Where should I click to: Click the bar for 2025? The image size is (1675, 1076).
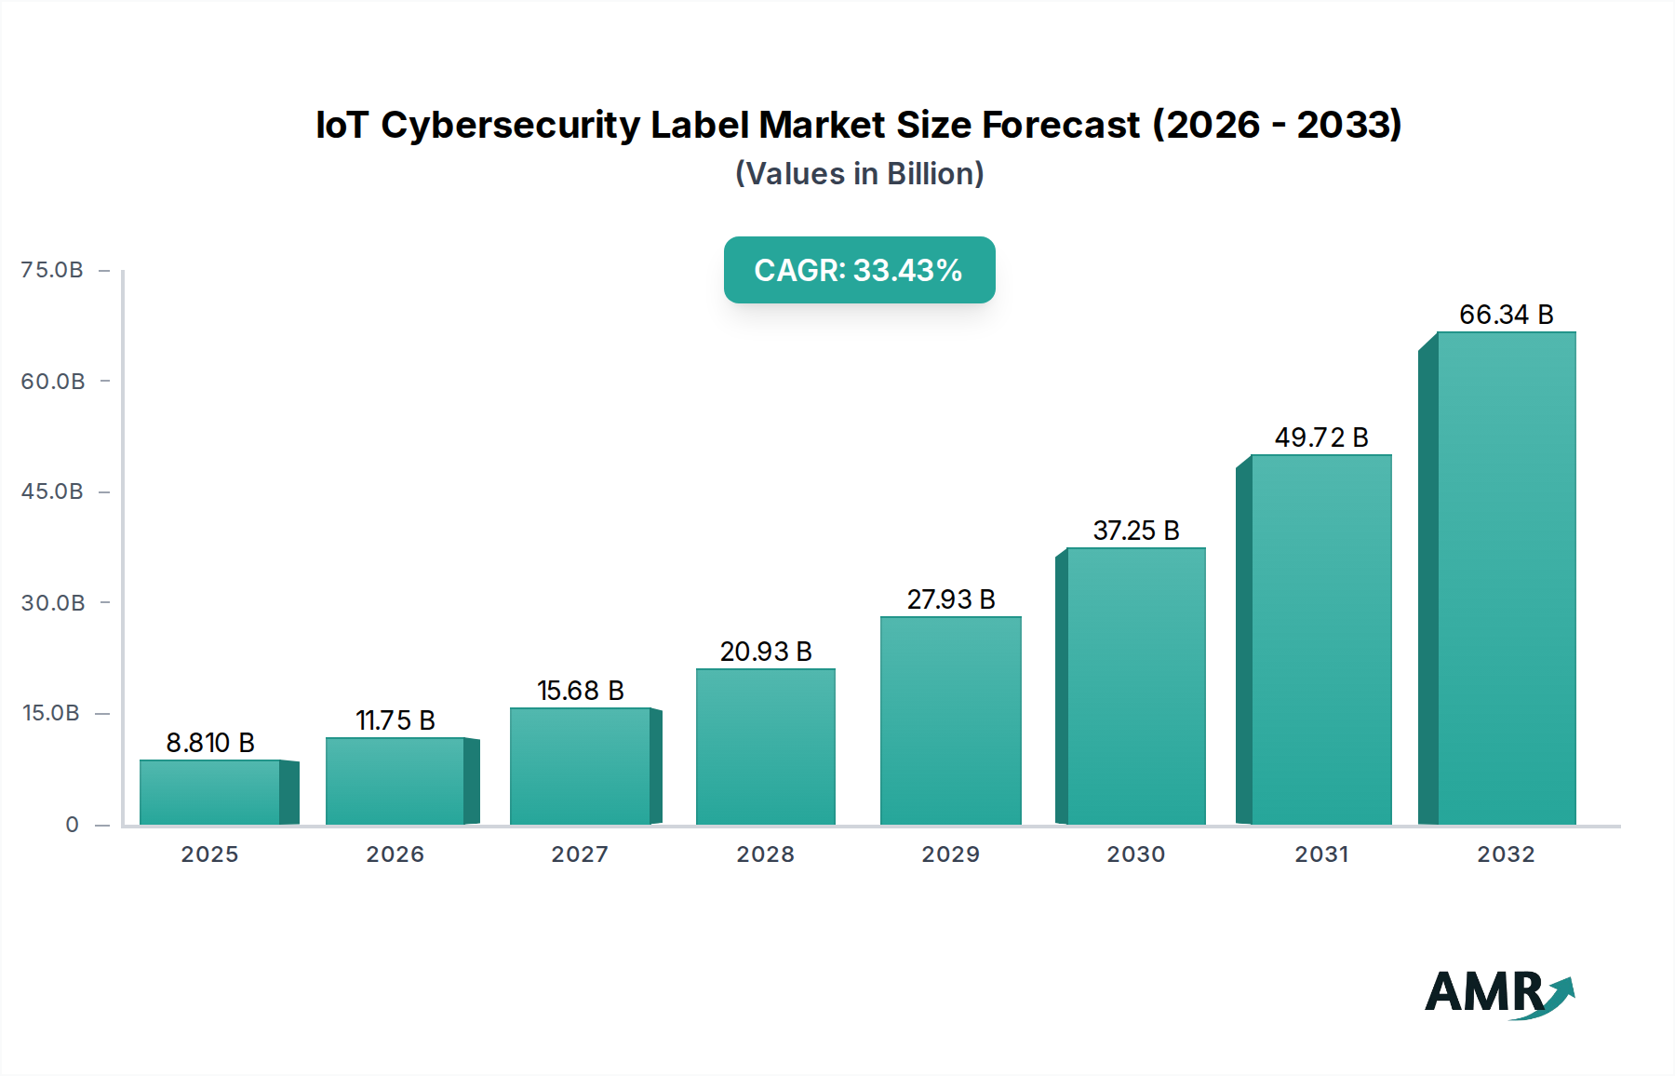210,792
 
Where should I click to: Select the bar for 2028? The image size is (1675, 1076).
766,746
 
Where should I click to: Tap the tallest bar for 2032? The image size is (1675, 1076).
1506,578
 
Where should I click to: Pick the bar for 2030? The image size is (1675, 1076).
1136,686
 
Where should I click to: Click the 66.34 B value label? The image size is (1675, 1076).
1506,315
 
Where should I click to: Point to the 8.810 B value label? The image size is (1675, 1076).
210,743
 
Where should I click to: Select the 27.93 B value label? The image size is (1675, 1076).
951,599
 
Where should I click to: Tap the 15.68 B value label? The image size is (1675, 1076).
581,691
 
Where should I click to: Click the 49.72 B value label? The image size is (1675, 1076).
1321,437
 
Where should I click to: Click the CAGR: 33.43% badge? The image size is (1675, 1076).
859,270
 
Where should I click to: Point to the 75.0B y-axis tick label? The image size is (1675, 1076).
52,270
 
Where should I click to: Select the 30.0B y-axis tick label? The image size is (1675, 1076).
53,603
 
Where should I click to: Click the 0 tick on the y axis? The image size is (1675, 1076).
73,825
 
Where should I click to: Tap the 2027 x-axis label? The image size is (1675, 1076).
580,854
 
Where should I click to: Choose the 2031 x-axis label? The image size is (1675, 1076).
1321,854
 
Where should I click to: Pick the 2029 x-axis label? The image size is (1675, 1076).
951,854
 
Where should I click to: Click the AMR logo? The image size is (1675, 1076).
1498,993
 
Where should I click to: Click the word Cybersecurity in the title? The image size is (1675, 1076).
510,126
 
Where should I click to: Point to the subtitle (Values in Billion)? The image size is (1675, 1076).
859,174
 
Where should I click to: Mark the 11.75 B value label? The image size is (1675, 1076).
395,720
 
